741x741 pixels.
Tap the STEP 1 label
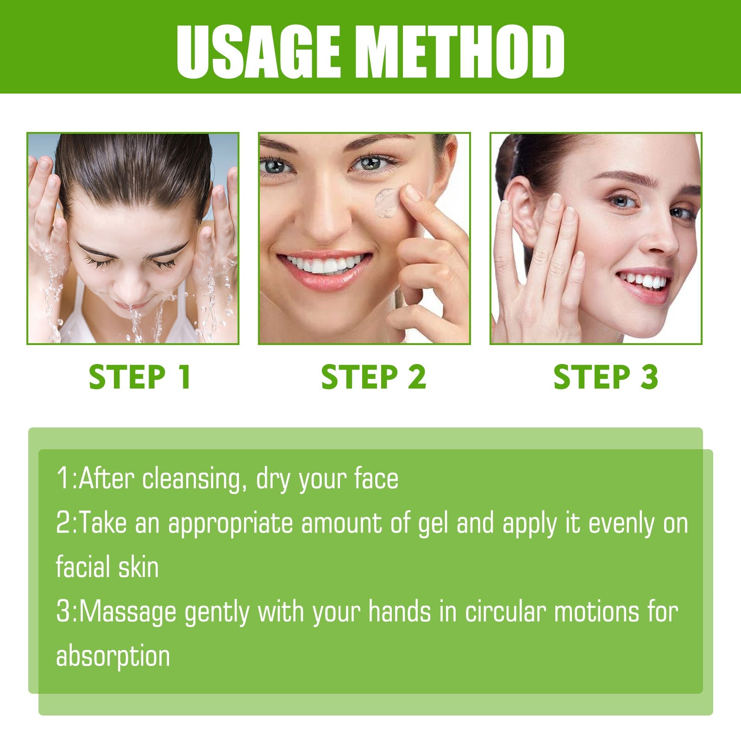tap(140, 377)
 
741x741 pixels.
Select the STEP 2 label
tap(373, 377)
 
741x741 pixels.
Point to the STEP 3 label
tap(606, 377)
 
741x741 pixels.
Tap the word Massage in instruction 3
tap(128, 612)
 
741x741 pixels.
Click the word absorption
tap(113, 656)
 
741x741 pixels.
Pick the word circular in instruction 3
tap(505, 612)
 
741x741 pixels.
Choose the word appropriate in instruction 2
tap(231, 523)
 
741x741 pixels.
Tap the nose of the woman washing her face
tap(127, 289)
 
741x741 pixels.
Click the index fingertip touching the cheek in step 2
tap(409, 192)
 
